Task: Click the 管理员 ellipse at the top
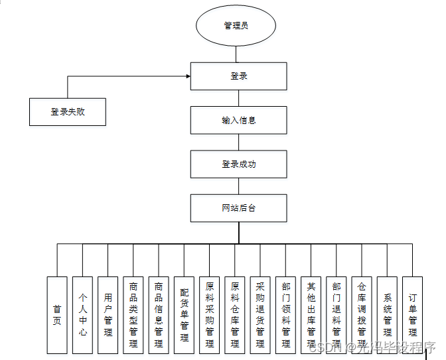coord(236,26)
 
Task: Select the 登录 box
coord(238,76)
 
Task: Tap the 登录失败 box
coord(68,111)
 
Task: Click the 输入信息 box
coord(238,120)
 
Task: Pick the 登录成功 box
coord(238,164)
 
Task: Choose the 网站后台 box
coord(238,208)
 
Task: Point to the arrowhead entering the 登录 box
coord(188,76)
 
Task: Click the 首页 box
coord(57,314)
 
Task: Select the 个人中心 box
coord(82,314)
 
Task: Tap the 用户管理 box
coord(108,314)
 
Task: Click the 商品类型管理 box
coord(133,314)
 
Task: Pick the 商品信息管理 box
coord(159,314)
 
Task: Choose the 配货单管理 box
coord(184,314)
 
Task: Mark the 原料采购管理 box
coord(210,314)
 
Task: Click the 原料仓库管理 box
coord(235,314)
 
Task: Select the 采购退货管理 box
coord(260,314)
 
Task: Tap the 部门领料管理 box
coord(286,314)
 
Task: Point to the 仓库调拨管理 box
coord(362,314)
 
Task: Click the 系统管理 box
coord(388,314)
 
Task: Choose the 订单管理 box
coord(413,314)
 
